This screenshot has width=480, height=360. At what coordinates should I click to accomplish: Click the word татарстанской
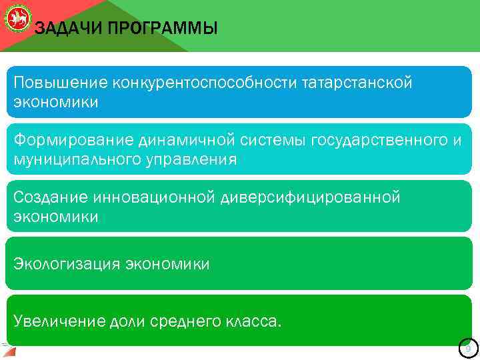pyautogui.click(x=357, y=83)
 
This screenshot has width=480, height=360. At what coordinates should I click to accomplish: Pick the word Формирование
pyautogui.click(x=73, y=140)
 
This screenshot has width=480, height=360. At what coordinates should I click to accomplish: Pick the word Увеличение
pyautogui.click(x=59, y=321)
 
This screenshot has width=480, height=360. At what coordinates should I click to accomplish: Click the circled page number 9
pyautogui.click(x=468, y=349)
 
